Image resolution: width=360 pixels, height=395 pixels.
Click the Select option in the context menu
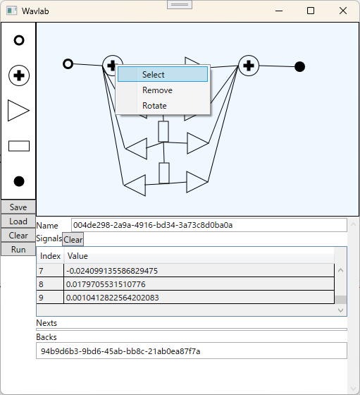163,74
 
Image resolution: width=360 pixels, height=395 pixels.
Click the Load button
18,221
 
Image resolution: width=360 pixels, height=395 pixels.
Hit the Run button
18,250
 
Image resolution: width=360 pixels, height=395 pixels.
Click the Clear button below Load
18,236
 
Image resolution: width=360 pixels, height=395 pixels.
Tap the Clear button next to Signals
73,239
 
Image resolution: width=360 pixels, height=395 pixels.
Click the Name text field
209,225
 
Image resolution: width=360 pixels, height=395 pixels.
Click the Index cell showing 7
50,271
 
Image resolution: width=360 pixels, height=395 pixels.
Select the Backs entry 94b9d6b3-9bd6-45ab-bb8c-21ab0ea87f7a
120,351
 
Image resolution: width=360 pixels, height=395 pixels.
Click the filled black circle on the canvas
299,67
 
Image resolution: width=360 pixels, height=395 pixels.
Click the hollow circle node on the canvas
68,64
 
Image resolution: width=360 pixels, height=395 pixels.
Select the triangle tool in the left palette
18,111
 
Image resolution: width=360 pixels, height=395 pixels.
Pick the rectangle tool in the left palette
19,146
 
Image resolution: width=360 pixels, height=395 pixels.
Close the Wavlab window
343,11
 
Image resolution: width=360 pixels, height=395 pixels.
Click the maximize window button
311,11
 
